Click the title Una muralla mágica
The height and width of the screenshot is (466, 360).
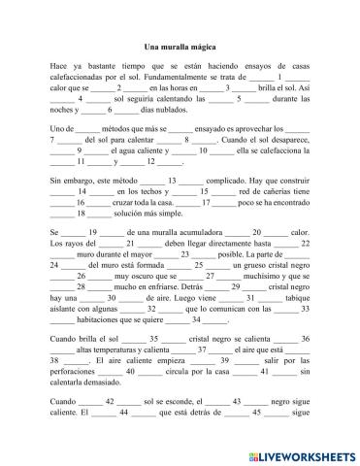tap(180, 46)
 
